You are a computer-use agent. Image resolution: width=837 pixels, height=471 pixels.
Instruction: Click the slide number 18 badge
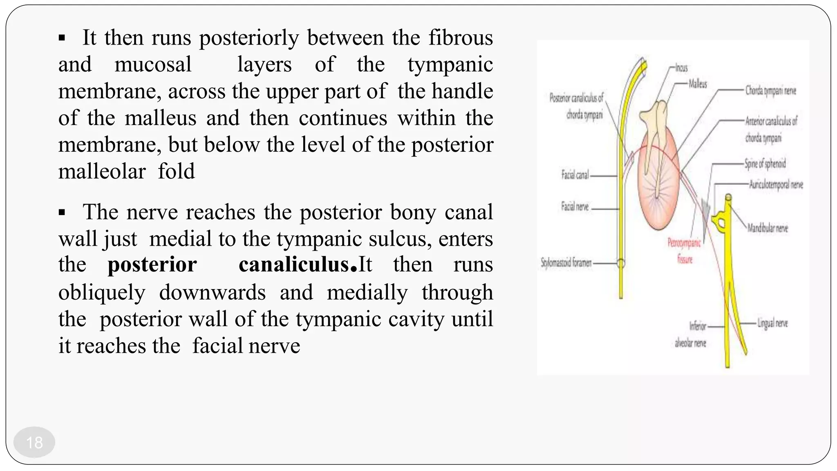point(34,442)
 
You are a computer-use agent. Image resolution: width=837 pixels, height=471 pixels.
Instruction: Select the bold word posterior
point(152,265)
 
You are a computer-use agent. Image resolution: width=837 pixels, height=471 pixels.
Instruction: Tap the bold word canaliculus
point(294,265)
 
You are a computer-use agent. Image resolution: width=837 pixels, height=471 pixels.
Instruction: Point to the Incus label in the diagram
point(681,68)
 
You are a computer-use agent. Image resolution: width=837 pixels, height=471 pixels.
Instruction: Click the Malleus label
point(698,84)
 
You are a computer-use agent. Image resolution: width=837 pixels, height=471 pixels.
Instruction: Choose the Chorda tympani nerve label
point(770,90)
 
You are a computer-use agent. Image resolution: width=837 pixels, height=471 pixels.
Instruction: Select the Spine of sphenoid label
point(765,164)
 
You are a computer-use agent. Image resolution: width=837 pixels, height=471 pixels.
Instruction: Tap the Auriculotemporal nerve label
point(776,185)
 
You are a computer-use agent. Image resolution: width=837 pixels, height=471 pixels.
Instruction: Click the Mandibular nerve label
point(768,228)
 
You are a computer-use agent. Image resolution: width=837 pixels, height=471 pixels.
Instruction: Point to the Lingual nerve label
point(772,323)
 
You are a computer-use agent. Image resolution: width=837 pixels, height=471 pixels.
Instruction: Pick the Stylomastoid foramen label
point(566,262)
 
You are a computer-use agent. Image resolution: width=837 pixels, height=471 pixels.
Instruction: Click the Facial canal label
point(575,175)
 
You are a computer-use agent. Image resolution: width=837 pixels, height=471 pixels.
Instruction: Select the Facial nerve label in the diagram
point(575,207)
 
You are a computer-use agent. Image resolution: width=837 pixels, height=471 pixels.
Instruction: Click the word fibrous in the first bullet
point(461,38)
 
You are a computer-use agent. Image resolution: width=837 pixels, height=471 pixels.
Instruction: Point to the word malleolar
point(102,171)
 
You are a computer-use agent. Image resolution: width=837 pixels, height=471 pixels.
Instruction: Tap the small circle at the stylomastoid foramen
point(621,263)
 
